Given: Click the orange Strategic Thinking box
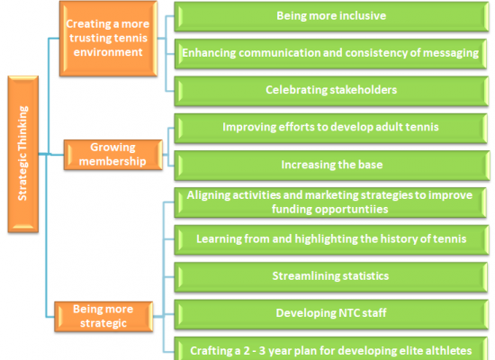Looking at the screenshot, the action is [x=23, y=154].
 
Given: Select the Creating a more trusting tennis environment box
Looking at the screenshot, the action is [x=108, y=39].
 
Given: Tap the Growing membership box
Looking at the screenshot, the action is [x=113, y=155].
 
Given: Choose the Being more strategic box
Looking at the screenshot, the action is [x=103, y=317].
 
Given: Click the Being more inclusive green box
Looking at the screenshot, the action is [x=331, y=16].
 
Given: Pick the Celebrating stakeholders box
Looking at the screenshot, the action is [x=331, y=91].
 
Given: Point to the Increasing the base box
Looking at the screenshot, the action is [x=332, y=166].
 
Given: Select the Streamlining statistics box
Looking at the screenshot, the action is [x=331, y=277].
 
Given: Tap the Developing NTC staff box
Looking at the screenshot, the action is [x=331, y=314].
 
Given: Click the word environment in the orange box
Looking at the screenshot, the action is [x=108, y=52].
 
